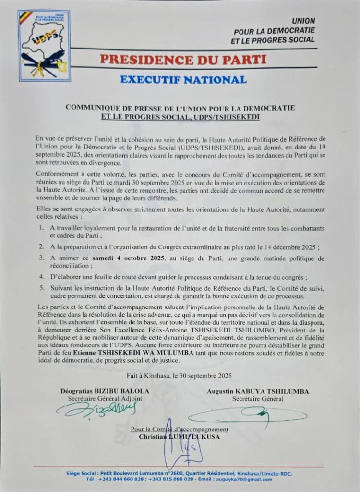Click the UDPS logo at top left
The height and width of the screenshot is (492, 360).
pos(44,46)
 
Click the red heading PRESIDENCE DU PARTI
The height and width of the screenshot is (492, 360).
pos(183,60)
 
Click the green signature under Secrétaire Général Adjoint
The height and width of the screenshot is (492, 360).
pos(96,410)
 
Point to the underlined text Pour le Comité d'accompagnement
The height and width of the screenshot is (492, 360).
pos(180,430)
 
